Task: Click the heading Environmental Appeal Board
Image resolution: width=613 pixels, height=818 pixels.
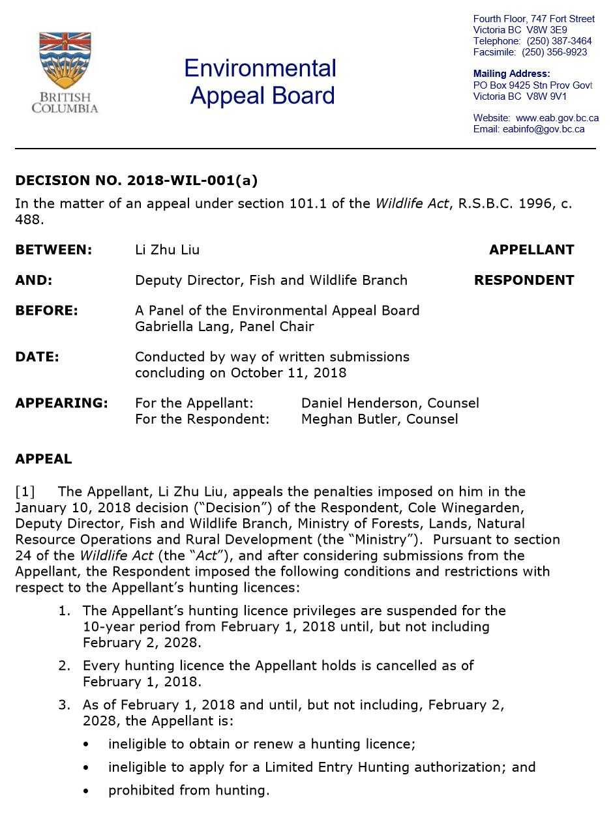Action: [x=260, y=81]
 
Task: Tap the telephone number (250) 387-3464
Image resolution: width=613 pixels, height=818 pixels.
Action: [x=559, y=41]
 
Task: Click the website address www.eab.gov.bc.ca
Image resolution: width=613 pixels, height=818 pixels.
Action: [x=557, y=118]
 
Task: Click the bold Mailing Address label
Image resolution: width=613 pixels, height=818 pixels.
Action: [x=511, y=74]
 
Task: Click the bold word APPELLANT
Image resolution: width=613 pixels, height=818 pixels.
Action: [x=531, y=250]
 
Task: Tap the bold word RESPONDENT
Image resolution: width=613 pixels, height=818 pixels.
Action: [x=524, y=280]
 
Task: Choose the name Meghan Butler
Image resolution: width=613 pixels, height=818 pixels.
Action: [x=346, y=418]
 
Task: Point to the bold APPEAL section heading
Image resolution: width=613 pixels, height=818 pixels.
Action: [x=44, y=459]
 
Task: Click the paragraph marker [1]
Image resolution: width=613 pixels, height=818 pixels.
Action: [x=25, y=491]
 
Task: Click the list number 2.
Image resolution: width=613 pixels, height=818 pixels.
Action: [x=64, y=665]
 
